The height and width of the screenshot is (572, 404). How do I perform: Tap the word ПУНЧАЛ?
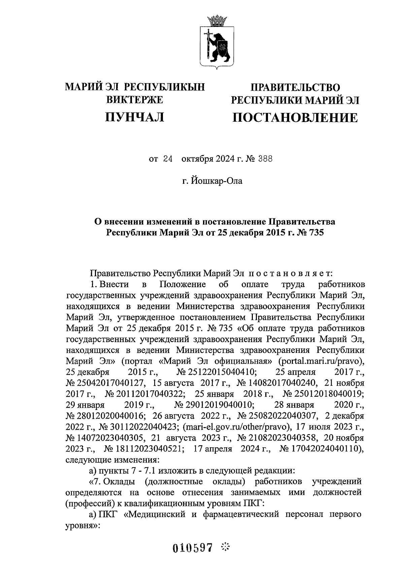click(x=135, y=117)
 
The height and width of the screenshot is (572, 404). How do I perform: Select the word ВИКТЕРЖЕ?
click(x=135, y=100)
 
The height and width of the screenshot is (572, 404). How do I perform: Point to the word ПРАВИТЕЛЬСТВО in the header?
click(x=295, y=87)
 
